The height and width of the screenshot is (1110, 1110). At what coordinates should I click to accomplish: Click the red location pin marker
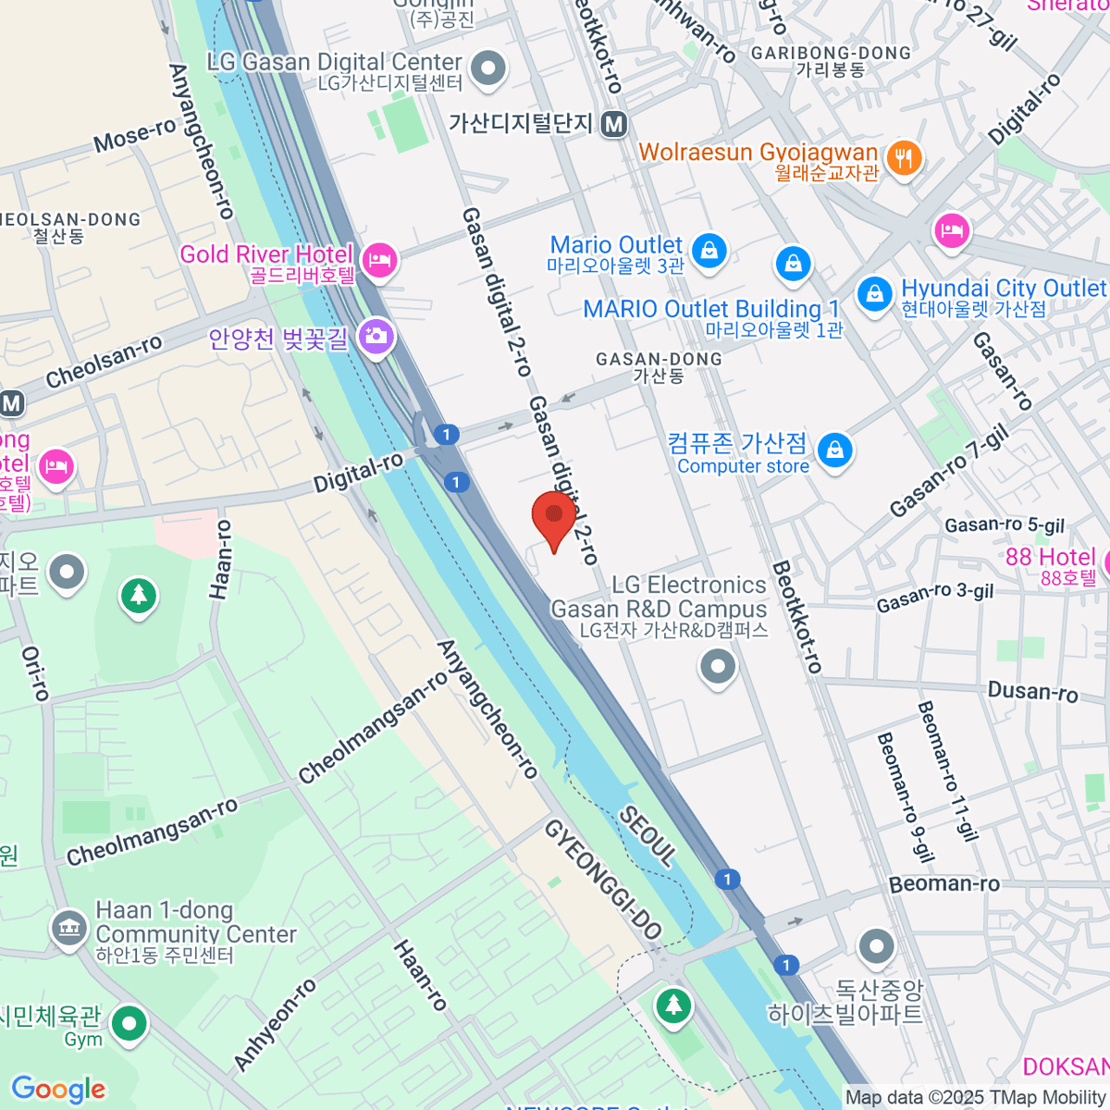[x=553, y=517]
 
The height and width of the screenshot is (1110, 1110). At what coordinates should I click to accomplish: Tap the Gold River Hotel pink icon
[x=379, y=260]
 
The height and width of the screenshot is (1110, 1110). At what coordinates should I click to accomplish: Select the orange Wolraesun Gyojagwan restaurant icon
[x=903, y=159]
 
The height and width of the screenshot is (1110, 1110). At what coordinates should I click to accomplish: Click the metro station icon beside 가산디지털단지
[x=613, y=123]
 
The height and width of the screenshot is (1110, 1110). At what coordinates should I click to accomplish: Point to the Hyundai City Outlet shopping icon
[x=873, y=294]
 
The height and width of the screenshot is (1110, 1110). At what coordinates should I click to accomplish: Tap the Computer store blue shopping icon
[x=834, y=450]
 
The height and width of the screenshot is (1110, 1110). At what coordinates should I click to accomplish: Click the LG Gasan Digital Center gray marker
[x=488, y=68]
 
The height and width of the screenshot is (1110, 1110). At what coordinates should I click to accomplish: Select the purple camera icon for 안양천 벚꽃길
[x=376, y=336]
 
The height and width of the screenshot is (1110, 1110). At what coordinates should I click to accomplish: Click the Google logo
[x=58, y=1089]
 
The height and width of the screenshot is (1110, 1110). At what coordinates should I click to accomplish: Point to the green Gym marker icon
[x=129, y=1024]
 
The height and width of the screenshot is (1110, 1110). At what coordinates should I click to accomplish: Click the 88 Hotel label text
[x=1050, y=557]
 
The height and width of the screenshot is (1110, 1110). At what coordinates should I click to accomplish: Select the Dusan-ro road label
[x=1032, y=692]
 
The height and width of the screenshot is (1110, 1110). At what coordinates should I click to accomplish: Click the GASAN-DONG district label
[x=659, y=359]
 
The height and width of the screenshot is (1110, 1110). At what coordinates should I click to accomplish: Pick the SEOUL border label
[x=647, y=835]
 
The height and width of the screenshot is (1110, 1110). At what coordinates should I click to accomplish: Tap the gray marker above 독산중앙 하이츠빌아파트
[x=875, y=946]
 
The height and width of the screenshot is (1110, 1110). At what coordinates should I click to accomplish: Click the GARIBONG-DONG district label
[x=831, y=54]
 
